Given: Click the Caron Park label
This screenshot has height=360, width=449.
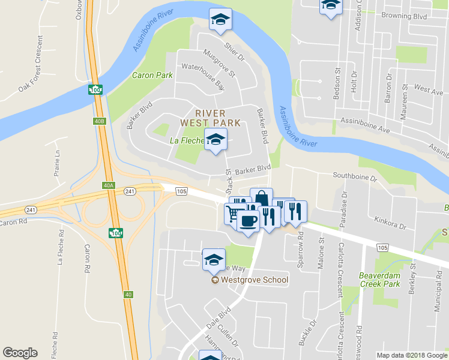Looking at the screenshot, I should point(152,76).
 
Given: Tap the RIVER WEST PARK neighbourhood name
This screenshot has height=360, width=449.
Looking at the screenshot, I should point(211,118).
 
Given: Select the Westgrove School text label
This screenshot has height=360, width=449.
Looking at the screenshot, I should point(255,280).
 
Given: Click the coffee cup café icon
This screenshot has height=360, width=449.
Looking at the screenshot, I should point(247,220).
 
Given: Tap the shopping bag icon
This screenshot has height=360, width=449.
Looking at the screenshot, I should point(261,197).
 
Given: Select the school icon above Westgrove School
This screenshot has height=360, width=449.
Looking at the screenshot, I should point(214,259).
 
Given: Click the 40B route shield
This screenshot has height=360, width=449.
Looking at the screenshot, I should point(100,121).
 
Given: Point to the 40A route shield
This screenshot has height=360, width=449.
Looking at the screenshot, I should point(108,185).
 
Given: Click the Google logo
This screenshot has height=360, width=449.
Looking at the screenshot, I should point(20,353).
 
